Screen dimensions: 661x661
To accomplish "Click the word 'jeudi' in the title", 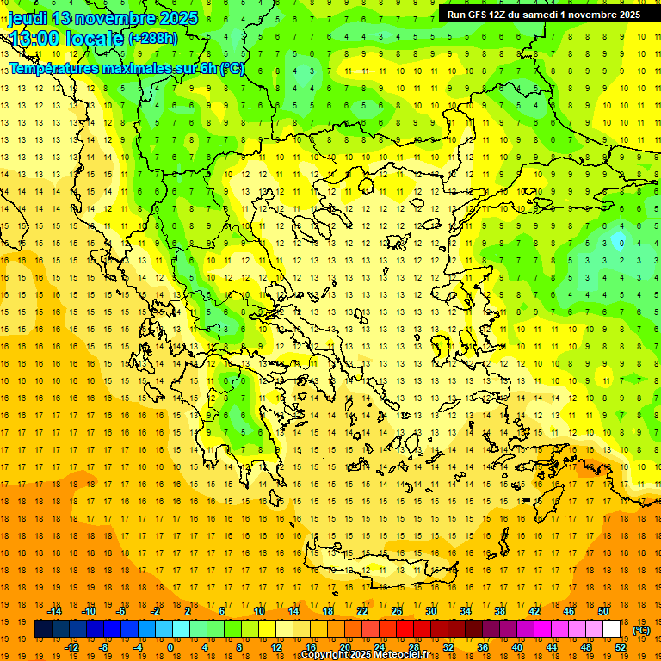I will (27, 18).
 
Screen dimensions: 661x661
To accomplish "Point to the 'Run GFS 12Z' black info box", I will (543, 15).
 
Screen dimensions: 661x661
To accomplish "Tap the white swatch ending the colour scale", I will (612, 629).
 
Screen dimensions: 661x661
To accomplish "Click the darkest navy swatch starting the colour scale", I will (43, 629).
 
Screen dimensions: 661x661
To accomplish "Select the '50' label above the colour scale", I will (603, 611).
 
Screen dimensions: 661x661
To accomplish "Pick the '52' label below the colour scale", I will (621, 647).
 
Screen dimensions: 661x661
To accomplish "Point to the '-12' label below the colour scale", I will (71, 647).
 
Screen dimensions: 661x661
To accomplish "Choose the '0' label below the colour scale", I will (170, 647).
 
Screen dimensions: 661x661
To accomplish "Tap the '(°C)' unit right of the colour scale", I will (641, 630).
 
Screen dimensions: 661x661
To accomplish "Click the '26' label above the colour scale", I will (397, 611).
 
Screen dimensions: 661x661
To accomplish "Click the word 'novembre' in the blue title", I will (109, 18).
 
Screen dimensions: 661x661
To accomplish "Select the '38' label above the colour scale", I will (500, 611).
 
